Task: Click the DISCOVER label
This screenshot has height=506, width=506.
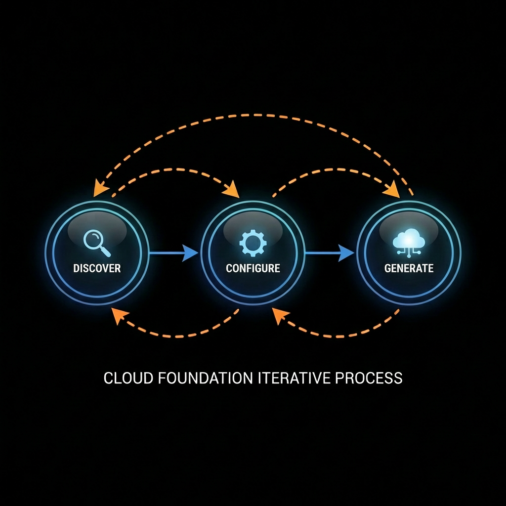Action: coord(97,268)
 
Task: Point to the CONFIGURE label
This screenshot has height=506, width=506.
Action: coord(253,268)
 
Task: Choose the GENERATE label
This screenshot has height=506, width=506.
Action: coord(409,268)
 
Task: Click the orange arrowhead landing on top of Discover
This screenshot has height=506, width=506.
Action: coord(101,188)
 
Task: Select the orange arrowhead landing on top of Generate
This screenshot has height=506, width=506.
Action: coord(392,190)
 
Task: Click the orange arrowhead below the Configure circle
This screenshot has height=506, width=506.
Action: coord(280,315)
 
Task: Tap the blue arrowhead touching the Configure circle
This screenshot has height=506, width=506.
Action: coord(190,253)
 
